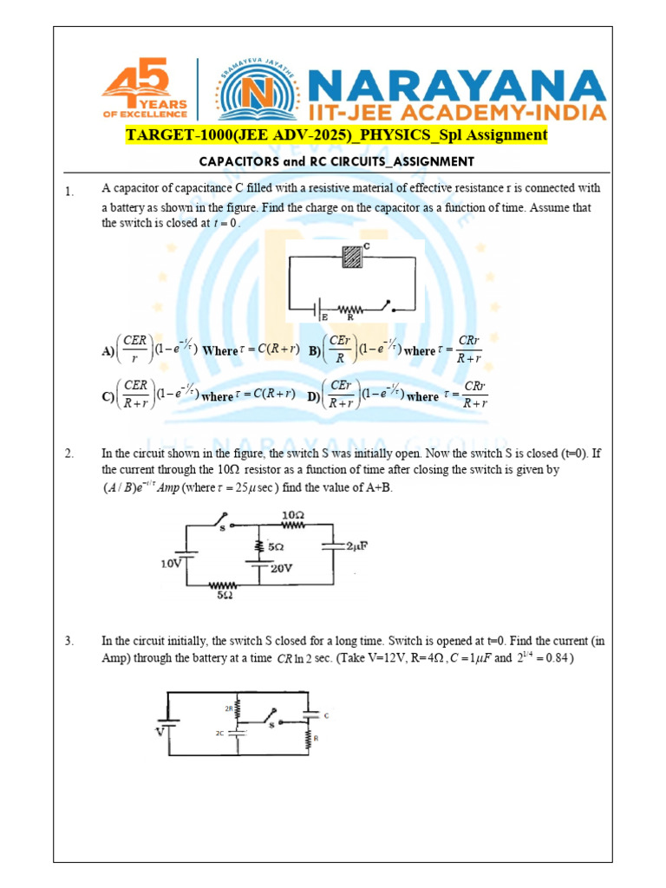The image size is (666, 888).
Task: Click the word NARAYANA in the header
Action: click(456, 85)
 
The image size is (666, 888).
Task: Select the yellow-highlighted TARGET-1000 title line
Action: click(336, 135)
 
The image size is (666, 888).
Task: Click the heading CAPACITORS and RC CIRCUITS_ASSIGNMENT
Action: click(336, 161)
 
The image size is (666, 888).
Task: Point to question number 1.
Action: click(70, 192)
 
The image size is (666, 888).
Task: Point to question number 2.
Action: click(70, 454)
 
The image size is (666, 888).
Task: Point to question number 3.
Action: click(70, 642)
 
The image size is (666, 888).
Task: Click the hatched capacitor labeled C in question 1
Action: click(351, 258)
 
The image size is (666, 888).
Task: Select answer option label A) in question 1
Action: click(108, 351)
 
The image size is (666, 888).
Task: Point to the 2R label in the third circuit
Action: click(230, 708)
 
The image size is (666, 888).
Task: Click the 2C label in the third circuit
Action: click(220, 733)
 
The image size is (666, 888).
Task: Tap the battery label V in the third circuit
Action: click(159, 731)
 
